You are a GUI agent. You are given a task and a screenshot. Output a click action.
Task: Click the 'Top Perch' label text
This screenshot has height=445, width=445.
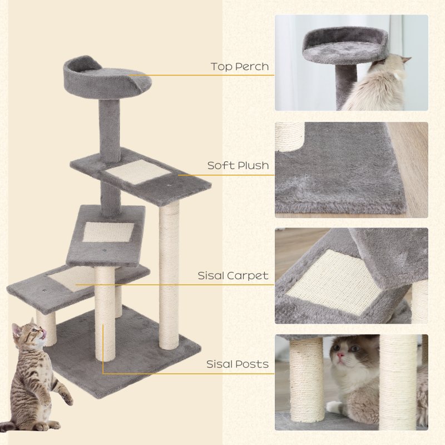[x=239, y=67]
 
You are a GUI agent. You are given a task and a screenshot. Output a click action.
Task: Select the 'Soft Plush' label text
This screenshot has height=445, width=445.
[x=238, y=165]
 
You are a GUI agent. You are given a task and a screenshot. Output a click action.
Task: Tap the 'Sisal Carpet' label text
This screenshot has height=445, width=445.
[x=233, y=275]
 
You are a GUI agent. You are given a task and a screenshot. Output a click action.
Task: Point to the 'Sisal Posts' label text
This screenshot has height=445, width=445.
[x=238, y=364]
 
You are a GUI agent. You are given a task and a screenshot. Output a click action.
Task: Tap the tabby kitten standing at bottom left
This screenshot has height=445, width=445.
[x=36, y=378]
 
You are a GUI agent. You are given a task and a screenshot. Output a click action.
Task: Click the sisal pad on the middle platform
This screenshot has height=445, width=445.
[x=108, y=232]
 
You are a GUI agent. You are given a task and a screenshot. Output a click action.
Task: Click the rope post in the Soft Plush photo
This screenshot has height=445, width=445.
[x=290, y=136]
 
